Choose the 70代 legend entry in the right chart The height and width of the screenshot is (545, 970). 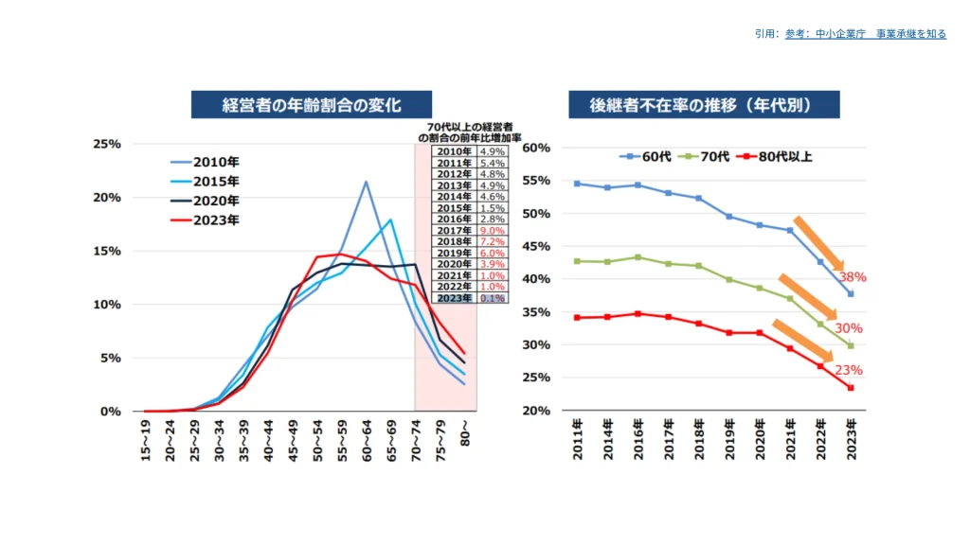(710, 155)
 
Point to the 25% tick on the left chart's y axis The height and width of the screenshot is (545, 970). (106, 144)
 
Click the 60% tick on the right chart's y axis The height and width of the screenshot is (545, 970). (536, 149)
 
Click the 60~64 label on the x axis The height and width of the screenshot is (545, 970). (366, 440)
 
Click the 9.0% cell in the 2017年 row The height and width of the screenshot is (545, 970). (493, 230)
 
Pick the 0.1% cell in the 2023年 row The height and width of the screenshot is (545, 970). (493, 297)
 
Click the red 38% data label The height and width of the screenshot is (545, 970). (852, 278)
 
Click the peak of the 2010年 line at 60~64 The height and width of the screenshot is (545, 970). (366, 182)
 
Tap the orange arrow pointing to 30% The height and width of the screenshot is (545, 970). (807, 297)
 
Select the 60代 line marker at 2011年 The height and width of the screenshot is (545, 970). (577, 184)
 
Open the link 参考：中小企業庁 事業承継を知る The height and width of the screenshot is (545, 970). (865, 34)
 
